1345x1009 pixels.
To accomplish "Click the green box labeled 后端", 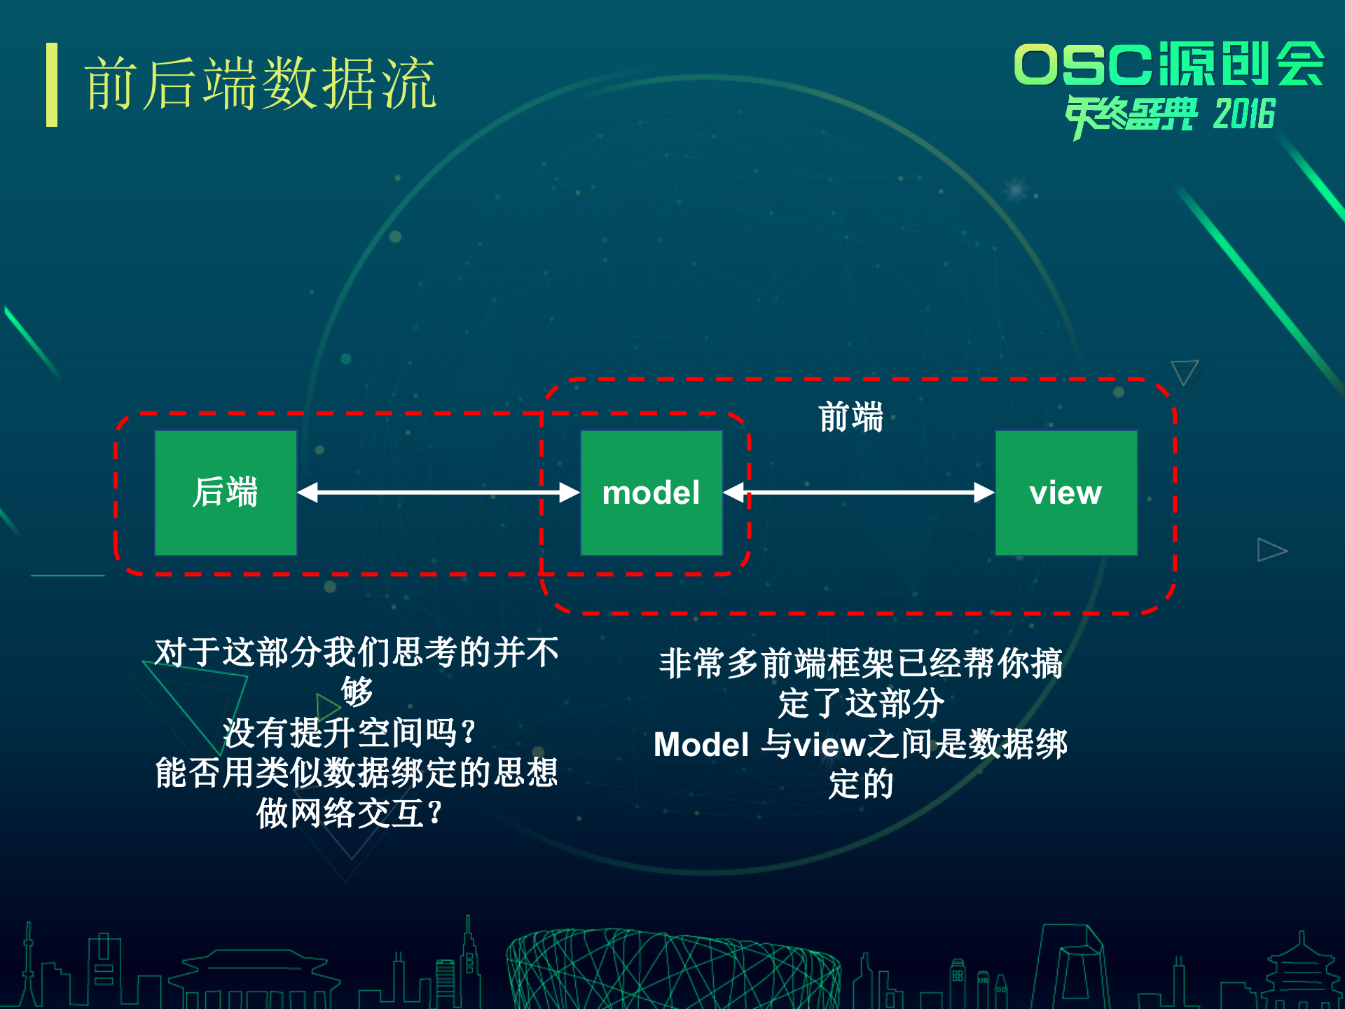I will click(226, 493).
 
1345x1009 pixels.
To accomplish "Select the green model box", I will click(651, 493).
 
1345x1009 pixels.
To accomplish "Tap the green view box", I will click(1066, 493).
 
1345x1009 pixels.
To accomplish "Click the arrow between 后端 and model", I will click(439, 493).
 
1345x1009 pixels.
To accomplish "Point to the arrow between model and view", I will click(859, 493).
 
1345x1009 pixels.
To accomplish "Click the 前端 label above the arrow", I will click(850, 418).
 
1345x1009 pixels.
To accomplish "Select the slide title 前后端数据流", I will click(261, 85).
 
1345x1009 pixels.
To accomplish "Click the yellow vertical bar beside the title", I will click(52, 85).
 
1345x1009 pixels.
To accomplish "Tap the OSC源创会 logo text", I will click(1168, 64).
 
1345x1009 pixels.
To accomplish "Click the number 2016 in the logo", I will click(1244, 114).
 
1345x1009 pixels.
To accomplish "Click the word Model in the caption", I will click(701, 744).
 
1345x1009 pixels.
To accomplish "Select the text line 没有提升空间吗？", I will click(350, 733).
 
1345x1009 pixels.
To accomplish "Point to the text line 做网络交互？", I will click(350, 813).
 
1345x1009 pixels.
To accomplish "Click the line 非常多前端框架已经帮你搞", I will click(860, 664).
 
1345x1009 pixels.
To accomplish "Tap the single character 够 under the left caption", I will click(357, 692).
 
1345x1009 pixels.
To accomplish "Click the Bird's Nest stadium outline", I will click(672, 970).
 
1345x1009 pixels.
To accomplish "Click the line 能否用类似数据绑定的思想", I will click(357, 773).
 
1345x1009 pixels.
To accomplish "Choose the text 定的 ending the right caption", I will click(861, 784).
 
